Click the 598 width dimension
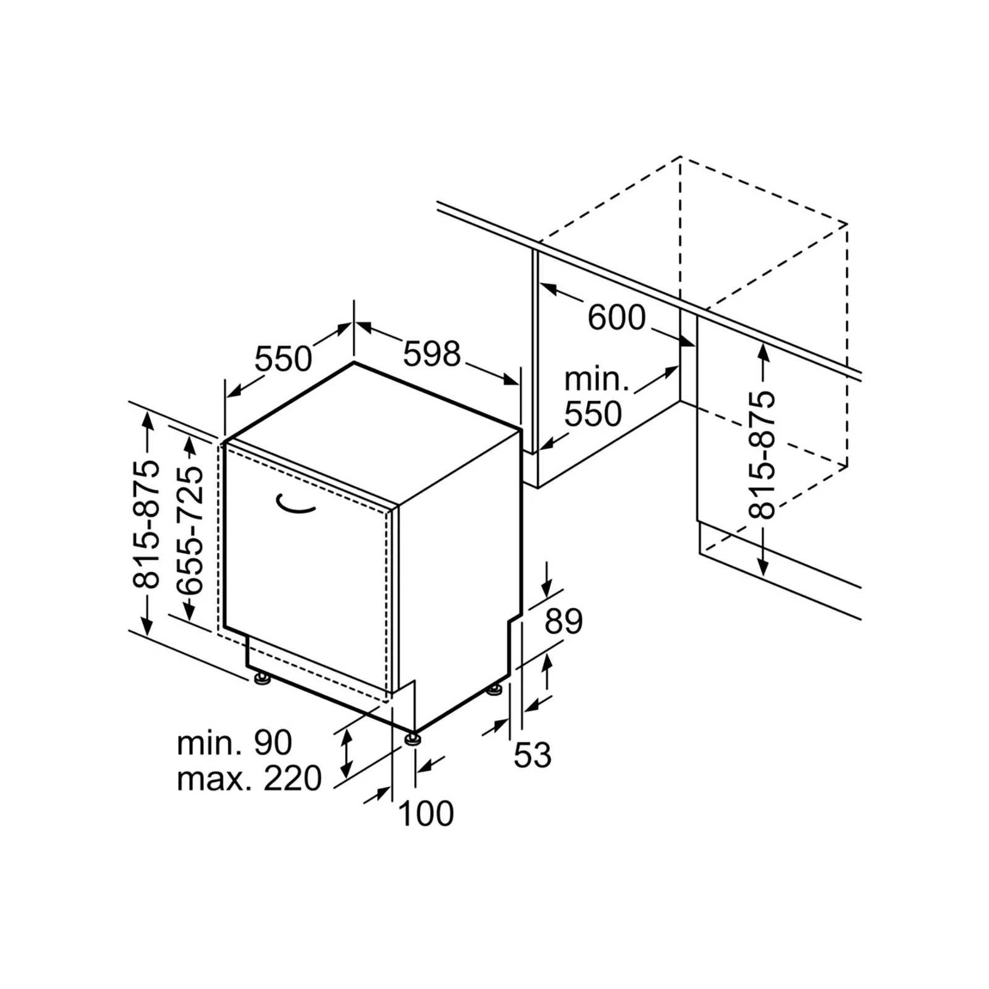click(x=432, y=354)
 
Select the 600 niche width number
click(x=616, y=318)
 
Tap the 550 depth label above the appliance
click(x=284, y=359)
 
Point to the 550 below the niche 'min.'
click(x=593, y=414)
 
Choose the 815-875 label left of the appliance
click(x=146, y=523)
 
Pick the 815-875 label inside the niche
click(x=762, y=454)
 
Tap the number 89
click(x=564, y=621)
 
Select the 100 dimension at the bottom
click(x=427, y=813)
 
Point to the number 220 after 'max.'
click(x=293, y=778)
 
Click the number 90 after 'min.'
click(x=273, y=742)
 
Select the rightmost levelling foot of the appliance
click(x=495, y=689)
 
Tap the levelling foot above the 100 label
click(x=413, y=737)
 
